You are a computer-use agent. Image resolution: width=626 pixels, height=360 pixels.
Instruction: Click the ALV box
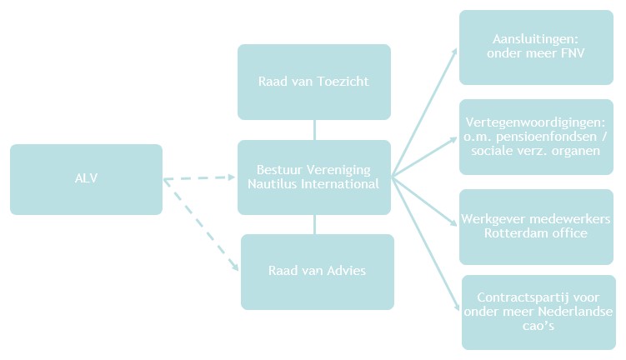[x=86, y=179]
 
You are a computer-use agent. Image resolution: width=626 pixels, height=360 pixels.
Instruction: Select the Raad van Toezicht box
[x=313, y=82]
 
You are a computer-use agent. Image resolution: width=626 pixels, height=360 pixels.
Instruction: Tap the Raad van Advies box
[x=317, y=271]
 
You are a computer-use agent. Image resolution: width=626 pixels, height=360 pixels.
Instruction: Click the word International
[x=343, y=183]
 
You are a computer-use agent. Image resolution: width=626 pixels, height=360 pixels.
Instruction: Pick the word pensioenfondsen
[x=545, y=136]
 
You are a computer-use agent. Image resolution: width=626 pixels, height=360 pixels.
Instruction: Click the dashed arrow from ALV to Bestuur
[x=200, y=177]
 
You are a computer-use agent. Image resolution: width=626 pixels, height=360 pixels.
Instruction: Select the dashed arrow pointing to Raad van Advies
[x=201, y=224]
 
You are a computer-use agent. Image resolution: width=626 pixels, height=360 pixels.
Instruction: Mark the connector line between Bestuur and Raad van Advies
[x=314, y=223]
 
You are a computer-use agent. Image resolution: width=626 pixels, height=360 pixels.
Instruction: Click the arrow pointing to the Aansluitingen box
[x=424, y=112]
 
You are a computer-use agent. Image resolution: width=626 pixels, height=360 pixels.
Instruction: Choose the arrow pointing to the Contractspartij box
[x=425, y=243]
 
